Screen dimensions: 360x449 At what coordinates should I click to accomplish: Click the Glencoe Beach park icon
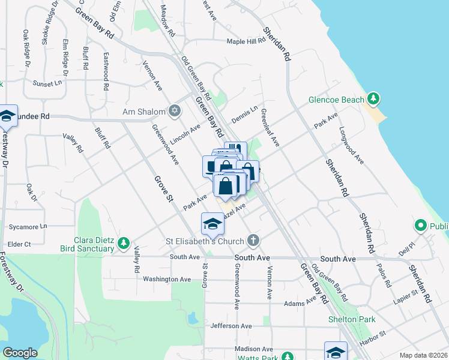(373, 98)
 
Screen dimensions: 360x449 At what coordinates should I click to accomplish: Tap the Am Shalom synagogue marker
(175, 111)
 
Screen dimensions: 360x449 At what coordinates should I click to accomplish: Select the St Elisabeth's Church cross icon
(253, 241)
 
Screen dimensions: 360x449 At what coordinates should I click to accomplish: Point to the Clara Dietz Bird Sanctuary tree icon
(123, 244)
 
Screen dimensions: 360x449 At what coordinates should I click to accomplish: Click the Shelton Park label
(352, 319)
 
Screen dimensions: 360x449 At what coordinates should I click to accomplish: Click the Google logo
(20, 353)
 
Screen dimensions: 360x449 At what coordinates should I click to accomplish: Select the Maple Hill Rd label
(246, 41)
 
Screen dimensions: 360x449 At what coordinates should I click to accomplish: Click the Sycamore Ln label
(28, 227)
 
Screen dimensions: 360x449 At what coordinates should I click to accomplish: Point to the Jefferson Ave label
(231, 326)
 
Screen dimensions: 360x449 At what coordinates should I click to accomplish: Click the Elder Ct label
(19, 244)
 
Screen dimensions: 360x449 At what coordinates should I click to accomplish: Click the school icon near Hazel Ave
(212, 224)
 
